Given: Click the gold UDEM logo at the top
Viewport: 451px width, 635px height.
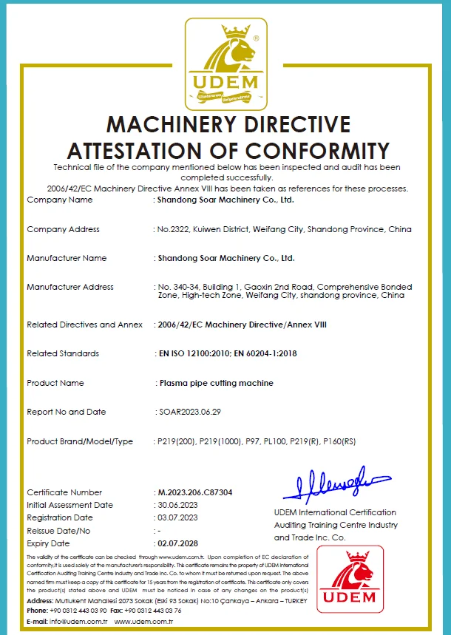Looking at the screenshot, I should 225,62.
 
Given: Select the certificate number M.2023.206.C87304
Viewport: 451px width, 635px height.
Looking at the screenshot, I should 194,492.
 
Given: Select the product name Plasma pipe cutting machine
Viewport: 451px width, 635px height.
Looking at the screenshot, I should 217,383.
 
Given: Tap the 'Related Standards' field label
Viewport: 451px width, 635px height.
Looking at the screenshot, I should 63,353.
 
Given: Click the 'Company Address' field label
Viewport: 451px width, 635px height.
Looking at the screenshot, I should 63,229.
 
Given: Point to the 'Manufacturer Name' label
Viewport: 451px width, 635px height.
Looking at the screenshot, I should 67,258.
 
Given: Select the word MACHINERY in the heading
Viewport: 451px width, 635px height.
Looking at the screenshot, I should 175,123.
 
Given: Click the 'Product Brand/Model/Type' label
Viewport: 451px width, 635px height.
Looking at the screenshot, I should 80,441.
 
